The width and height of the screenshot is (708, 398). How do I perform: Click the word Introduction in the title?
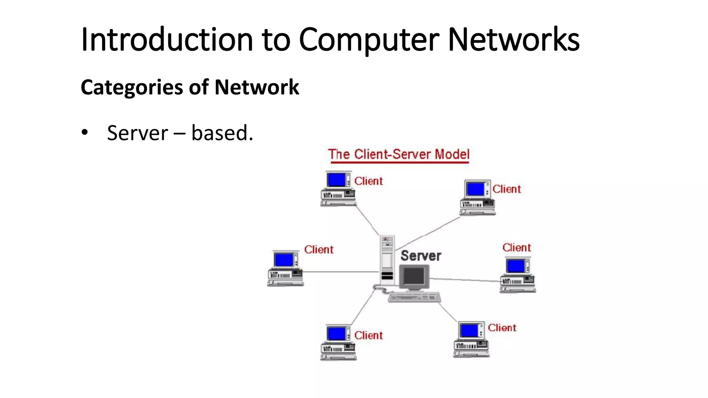pyautogui.click(x=167, y=40)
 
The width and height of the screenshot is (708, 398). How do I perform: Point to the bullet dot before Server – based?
pyautogui.click(x=85, y=133)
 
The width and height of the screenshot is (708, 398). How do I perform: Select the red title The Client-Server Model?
pyautogui.click(x=399, y=154)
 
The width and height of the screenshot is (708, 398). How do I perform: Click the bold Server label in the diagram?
pyautogui.click(x=421, y=256)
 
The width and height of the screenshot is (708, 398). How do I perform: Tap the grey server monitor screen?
pyautogui.click(x=414, y=276)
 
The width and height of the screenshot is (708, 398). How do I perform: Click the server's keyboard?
pyautogui.click(x=414, y=297)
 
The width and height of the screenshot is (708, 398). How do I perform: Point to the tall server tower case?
pyautogui.click(x=387, y=259)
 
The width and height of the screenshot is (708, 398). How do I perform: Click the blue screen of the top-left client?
pyautogui.click(x=336, y=180)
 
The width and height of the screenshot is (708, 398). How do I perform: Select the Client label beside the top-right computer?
pyautogui.click(x=506, y=189)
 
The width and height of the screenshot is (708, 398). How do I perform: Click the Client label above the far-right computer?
pyautogui.click(x=516, y=248)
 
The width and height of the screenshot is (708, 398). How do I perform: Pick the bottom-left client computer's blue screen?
pyautogui.click(x=336, y=334)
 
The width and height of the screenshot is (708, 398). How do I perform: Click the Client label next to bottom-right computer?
pyautogui.click(x=502, y=328)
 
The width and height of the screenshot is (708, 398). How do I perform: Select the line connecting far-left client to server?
pyautogui.click(x=341, y=272)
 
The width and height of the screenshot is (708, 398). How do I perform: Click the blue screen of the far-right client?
pyautogui.click(x=515, y=266)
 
